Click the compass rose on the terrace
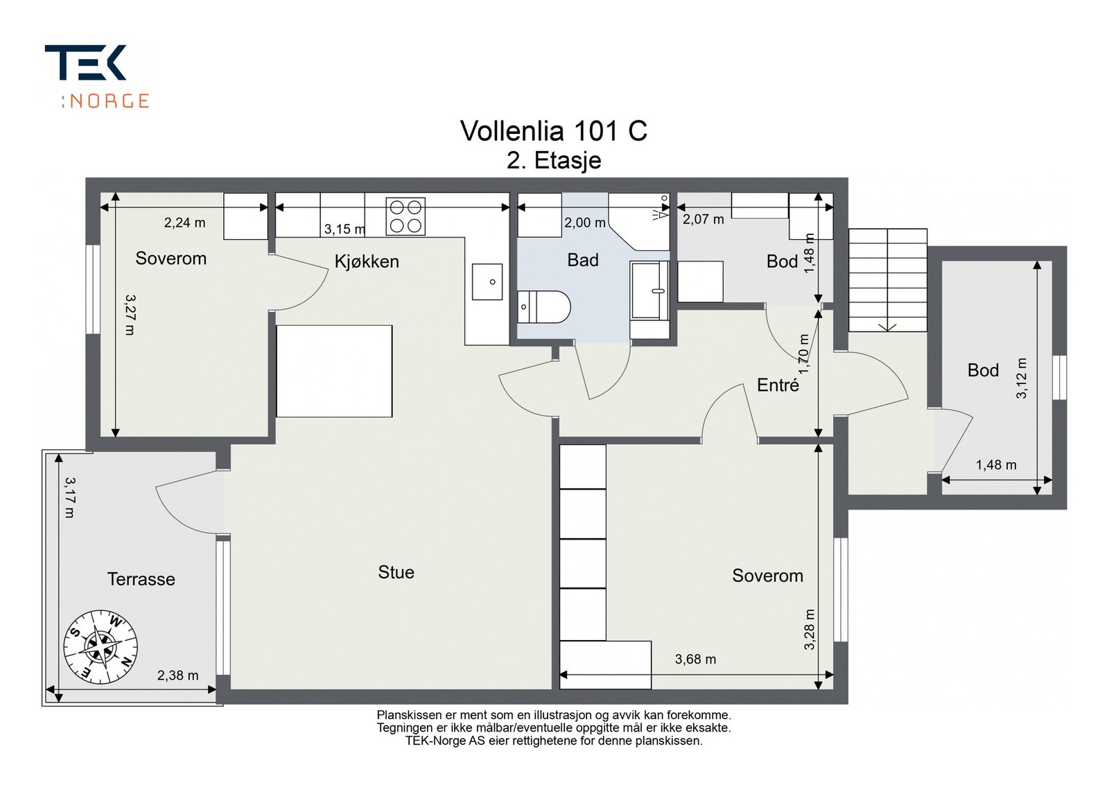101,647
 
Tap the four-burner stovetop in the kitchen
405,216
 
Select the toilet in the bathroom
543,307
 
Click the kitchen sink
487,282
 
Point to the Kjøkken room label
367,261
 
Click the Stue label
396,572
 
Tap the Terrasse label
141,579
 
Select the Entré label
778,385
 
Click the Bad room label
583,260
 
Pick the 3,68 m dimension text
695,659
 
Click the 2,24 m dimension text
184,223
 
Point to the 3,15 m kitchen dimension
344,230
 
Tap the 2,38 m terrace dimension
177,675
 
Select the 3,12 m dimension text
1022,378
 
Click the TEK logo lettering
86,62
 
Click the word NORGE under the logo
109,101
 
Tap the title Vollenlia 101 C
554,131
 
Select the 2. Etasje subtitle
554,160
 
